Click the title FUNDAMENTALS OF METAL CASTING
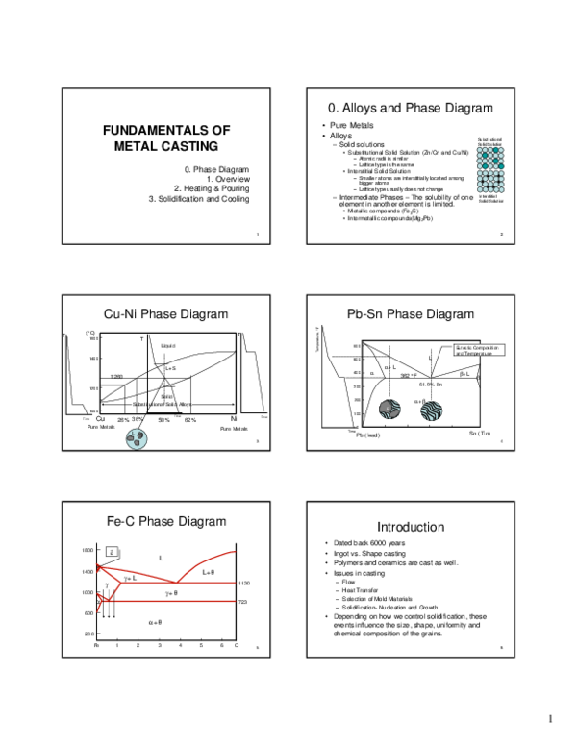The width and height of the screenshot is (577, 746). click(166, 138)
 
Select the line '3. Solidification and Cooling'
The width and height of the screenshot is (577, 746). click(198, 199)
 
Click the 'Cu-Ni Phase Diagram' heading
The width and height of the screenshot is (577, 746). click(165, 313)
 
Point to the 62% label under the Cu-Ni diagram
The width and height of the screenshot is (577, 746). click(189, 420)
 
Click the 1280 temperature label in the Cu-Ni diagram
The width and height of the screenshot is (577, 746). click(116, 376)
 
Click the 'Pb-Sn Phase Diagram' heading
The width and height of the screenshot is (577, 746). click(411, 313)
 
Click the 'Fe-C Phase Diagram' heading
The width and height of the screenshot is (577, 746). click(166, 521)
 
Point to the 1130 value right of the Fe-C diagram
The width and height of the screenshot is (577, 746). click(244, 583)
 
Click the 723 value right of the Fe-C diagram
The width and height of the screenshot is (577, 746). click(244, 602)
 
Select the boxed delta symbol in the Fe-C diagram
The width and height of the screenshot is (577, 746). click(112, 552)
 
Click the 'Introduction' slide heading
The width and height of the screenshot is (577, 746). click(410, 527)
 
